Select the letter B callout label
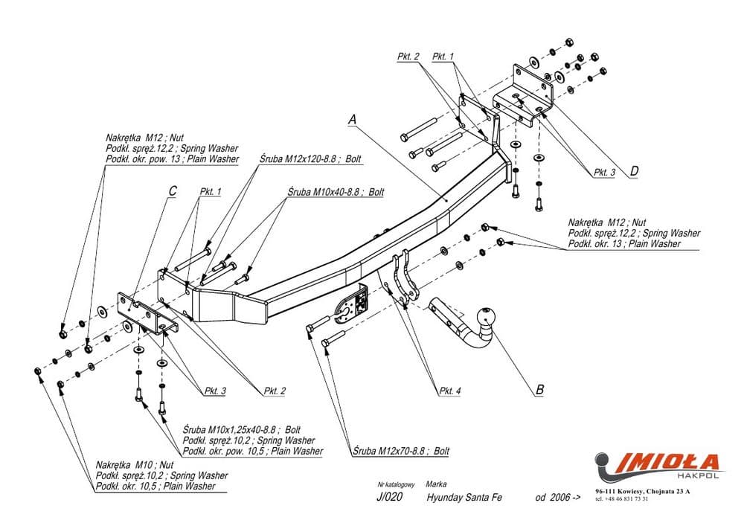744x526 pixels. pos(540,388)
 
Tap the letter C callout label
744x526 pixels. pos(172,191)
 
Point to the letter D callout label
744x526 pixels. pos(634,171)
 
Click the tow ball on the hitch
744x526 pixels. pos(487,315)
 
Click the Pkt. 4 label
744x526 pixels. pos(450,390)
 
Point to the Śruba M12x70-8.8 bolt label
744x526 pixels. pos(402,451)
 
